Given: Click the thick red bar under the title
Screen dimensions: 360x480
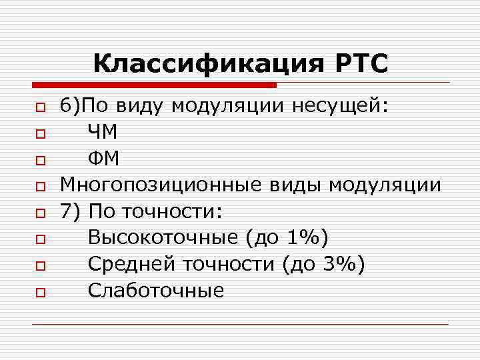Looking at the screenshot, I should tap(154, 85).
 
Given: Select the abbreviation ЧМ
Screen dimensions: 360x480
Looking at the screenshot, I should tap(103, 133).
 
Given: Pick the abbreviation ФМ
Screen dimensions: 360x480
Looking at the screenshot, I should tap(103, 159).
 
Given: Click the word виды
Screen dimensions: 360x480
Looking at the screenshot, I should tap(290, 185).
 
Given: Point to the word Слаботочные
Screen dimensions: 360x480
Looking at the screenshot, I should tap(156, 291).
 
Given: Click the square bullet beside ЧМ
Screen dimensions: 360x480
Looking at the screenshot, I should tap(40, 134).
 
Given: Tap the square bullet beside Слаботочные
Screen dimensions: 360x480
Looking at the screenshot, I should tap(40, 292).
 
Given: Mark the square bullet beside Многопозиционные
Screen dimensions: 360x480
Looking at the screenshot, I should tap(40, 187).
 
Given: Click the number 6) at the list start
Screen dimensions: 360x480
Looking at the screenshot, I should tap(69, 107).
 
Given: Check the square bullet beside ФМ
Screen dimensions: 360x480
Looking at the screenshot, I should tap(40, 161).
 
